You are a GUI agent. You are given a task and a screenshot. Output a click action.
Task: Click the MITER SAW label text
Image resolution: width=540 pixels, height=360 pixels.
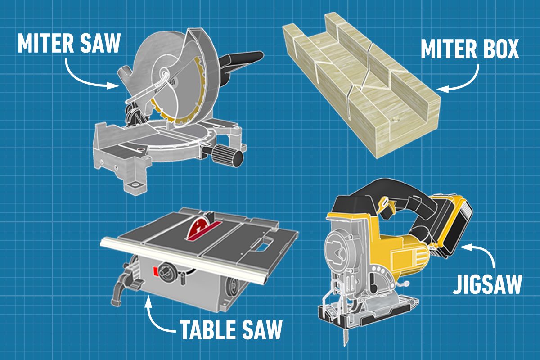(x=69, y=44)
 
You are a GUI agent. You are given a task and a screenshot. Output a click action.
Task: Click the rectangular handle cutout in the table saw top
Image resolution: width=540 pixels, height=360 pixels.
(x=263, y=245)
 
